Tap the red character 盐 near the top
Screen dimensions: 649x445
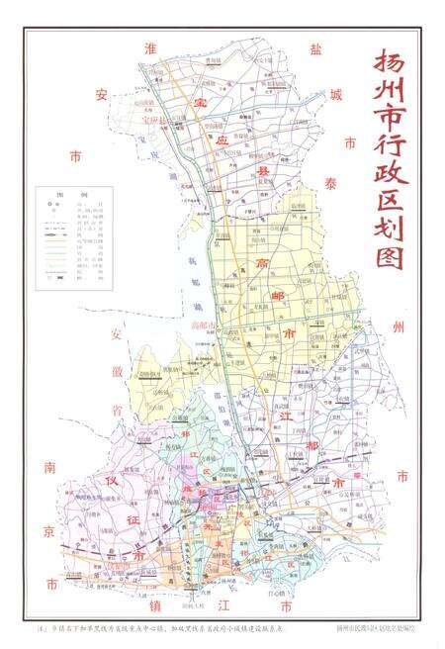click(x=288, y=48)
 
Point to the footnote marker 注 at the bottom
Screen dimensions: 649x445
click(x=43, y=626)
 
